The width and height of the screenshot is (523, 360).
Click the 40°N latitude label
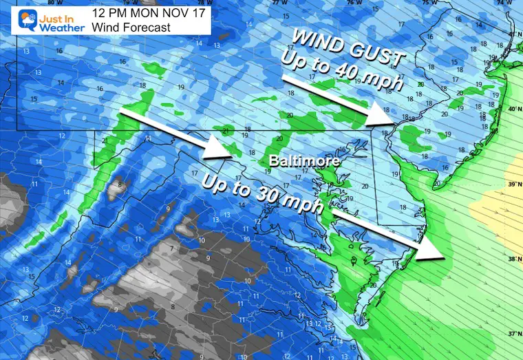click(512, 109)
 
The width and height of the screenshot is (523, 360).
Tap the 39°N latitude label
click(512, 184)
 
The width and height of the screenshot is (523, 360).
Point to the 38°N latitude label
click(512, 260)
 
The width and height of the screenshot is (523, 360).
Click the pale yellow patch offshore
click(499, 186)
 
